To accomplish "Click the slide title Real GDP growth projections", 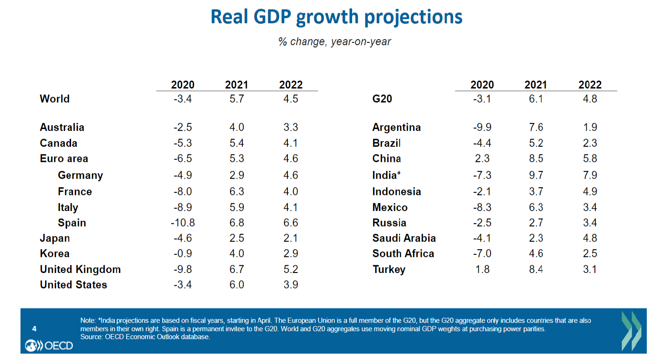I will pos(336,17).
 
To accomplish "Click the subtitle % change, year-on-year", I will pos(335,41).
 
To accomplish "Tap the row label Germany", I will pos(80,175).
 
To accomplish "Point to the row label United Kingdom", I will pos(80,269).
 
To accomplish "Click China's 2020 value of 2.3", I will pos(482,159).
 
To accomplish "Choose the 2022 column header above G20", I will pos(590,85).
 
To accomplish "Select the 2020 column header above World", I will pos(183,85).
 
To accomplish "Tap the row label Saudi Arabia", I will pos(404,238).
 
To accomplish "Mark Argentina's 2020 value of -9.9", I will pos(482,127).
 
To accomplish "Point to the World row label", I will pos(55,99).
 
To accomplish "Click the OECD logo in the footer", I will pos(49,345).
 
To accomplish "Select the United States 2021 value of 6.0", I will pos(236,285).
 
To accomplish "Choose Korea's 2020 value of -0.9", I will pos(183,253).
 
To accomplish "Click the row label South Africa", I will pos(403,253).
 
